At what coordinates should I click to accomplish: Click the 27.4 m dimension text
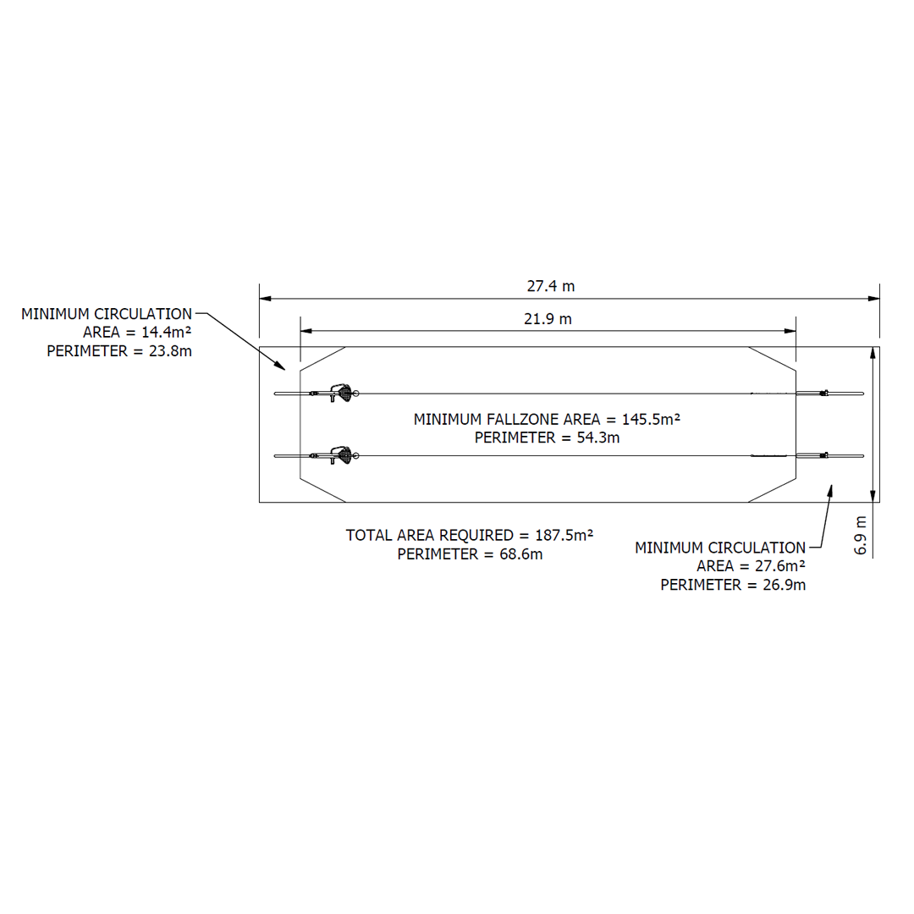click(x=550, y=286)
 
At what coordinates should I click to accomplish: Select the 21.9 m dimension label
click(x=548, y=319)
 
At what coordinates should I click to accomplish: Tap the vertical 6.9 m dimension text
click(x=861, y=535)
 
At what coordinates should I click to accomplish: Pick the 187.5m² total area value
click(x=564, y=535)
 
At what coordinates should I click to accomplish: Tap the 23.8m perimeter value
click(x=170, y=351)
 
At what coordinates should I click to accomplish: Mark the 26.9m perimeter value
click(x=784, y=585)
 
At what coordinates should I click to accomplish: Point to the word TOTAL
click(x=369, y=535)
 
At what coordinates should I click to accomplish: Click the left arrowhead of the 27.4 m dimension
click(x=263, y=298)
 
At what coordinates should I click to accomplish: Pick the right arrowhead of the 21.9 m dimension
click(x=792, y=330)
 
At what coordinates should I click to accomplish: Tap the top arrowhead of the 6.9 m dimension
click(x=872, y=353)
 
